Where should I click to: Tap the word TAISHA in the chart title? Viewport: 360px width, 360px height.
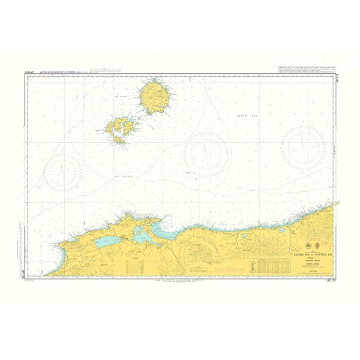click(297, 254)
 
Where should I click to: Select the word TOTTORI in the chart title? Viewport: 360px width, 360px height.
click(315, 254)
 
